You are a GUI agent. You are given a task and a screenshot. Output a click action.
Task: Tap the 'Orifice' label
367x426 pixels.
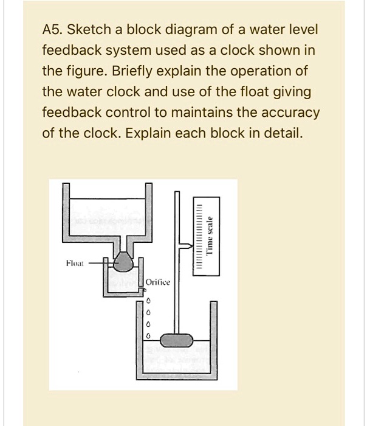160,283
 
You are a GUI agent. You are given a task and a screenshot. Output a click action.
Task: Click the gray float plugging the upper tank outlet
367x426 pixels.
124,263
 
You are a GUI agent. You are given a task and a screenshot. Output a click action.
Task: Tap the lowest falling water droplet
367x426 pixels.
146,336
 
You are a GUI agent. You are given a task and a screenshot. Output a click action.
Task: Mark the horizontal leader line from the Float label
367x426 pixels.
95,264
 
